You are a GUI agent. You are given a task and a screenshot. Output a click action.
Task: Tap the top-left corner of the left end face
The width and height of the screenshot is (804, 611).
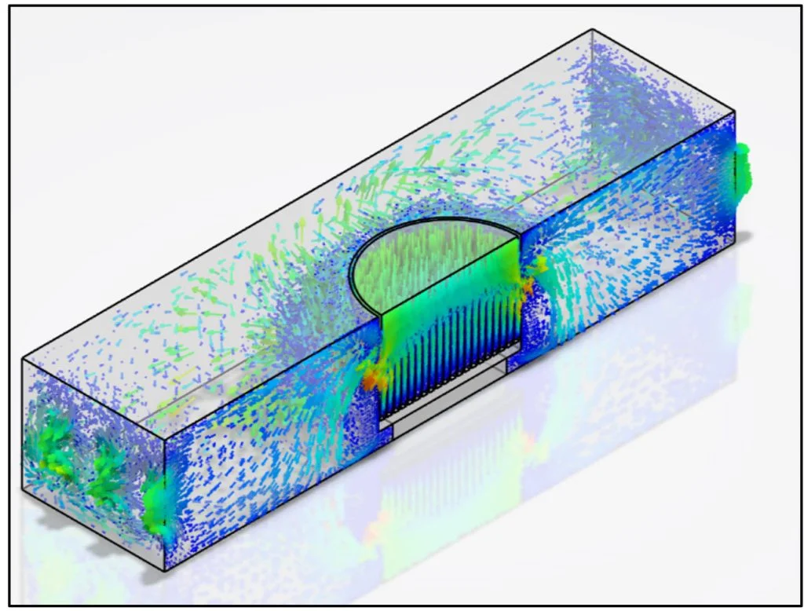22,358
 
